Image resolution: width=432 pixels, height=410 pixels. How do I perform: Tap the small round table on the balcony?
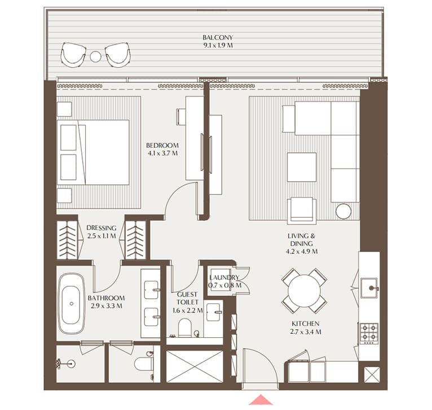pyautogui.click(x=95, y=56)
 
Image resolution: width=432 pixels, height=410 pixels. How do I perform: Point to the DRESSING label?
pyautogui.click(x=102, y=228)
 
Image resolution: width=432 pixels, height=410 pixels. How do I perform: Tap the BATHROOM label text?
pyautogui.click(x=106, y=298)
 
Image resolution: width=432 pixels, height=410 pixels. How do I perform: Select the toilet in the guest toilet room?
pyautogui.click(x=184, y=327)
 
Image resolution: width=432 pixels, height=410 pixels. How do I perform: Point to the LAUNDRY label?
pyautogui.click(x=224, y=277)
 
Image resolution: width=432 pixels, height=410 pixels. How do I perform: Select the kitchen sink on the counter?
pyautogui.click(x=371, y=287)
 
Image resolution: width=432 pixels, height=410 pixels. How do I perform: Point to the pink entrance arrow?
pyautogui.click(x=261, y=400)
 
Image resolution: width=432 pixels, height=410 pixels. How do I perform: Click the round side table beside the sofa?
pyautogui.click(x=343, y=211)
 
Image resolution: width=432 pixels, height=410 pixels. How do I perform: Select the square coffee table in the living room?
pyautogui.click(x=301, y=167)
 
